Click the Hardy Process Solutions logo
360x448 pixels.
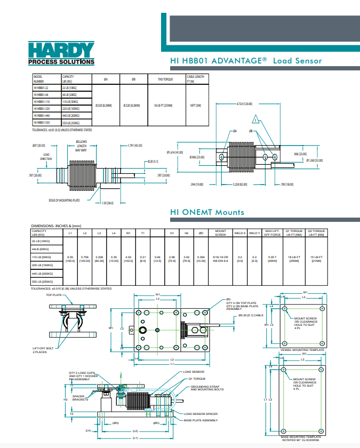coord(61,53)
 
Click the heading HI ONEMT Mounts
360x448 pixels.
coord(207,212)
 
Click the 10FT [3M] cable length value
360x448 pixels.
coord(195,105)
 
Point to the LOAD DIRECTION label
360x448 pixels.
coord(46,156)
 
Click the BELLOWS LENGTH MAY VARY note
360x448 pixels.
coord(81,146)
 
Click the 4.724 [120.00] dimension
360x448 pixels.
coord(244,104)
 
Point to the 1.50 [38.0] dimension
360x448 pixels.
coord(107,203)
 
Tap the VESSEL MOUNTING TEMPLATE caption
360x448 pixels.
coord(302,350)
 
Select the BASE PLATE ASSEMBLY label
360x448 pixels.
coord(201,420)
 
